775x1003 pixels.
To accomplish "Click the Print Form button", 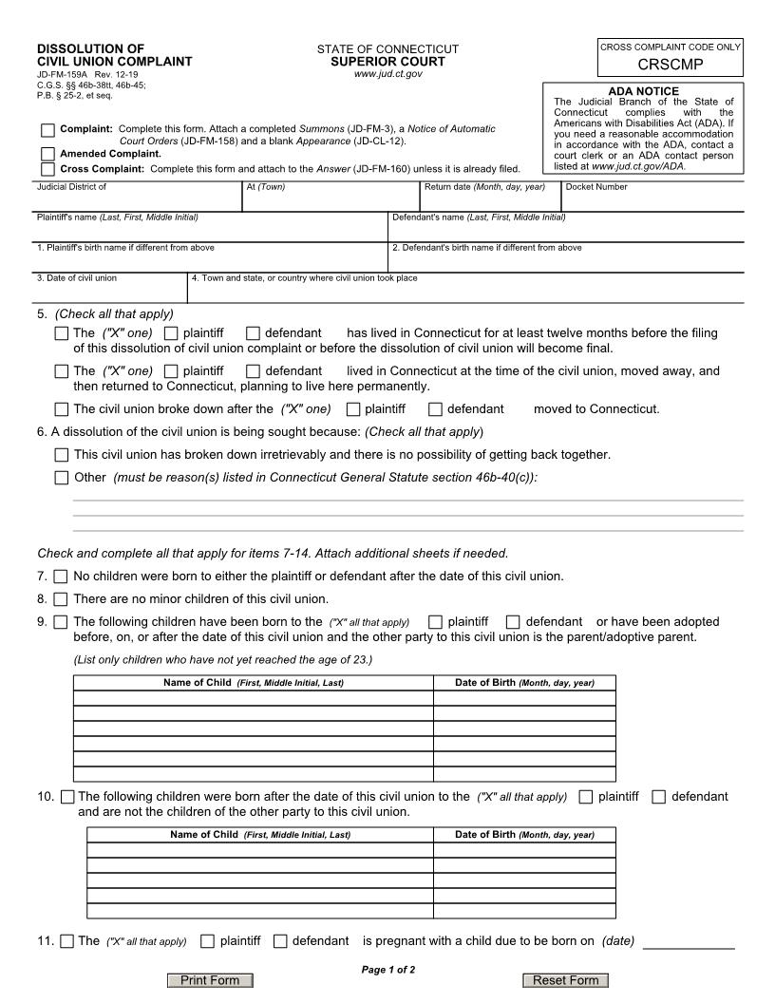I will (210, 980).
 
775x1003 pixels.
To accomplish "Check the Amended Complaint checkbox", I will (47, 153).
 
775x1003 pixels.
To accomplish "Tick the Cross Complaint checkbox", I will (47, 169).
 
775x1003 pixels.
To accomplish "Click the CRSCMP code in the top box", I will (671, 65).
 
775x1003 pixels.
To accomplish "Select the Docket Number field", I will (652, 199).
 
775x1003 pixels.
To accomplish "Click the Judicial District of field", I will (137, 199).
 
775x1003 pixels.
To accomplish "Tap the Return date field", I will (490, 199).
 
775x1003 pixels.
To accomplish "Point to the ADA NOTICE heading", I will (643, 91).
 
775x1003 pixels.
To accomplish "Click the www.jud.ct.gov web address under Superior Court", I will (387, 73).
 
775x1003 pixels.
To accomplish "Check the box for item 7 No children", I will (61, 577).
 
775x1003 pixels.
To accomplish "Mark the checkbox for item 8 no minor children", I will (61, 599).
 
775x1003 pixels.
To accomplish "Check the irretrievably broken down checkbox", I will (62, 455).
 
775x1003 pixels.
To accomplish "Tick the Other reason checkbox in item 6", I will (62, 478).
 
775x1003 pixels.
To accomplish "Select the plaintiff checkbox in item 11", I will (207, 941).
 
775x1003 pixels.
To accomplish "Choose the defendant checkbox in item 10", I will (659, 797).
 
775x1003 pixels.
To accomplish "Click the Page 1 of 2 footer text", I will (387, 970).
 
